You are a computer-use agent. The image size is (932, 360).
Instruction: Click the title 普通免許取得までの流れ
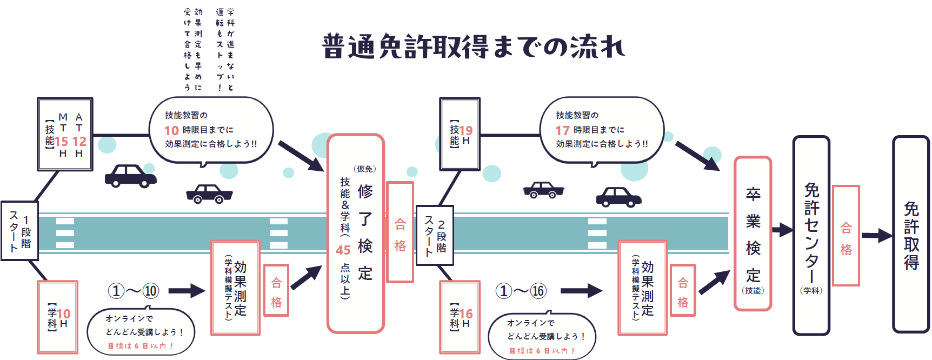[473, 46]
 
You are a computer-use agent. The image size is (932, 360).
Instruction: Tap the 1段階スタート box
[19, 231]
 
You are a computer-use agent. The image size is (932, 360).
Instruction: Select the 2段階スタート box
[435, 235]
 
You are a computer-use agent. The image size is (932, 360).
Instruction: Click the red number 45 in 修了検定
[343, 250]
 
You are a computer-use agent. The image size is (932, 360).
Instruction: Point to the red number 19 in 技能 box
[466, 130]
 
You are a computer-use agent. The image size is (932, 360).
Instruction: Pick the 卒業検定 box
[753, 234]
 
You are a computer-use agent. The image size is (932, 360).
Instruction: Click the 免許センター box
[811, 235]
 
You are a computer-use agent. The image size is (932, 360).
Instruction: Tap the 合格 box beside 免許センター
[846, 236]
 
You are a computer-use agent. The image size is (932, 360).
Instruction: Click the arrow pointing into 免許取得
[876, 236]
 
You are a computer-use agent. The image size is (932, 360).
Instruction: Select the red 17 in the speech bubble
[562, 131]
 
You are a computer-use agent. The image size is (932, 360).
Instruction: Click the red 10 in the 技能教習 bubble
[171, 131]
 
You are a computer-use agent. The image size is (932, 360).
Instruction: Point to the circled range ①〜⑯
[521, 291]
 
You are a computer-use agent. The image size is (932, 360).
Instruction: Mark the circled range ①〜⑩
[134, 291]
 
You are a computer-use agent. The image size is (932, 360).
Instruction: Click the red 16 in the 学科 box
[466, 314]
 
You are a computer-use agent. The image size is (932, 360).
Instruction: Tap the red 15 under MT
[62, 142]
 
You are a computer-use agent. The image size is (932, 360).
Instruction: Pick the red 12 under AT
[79, 142]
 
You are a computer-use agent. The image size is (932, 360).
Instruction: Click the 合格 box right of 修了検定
[400, 232]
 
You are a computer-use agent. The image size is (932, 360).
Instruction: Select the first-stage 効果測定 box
[235, 288]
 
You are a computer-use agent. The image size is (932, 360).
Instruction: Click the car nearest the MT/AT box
[130, 176]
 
